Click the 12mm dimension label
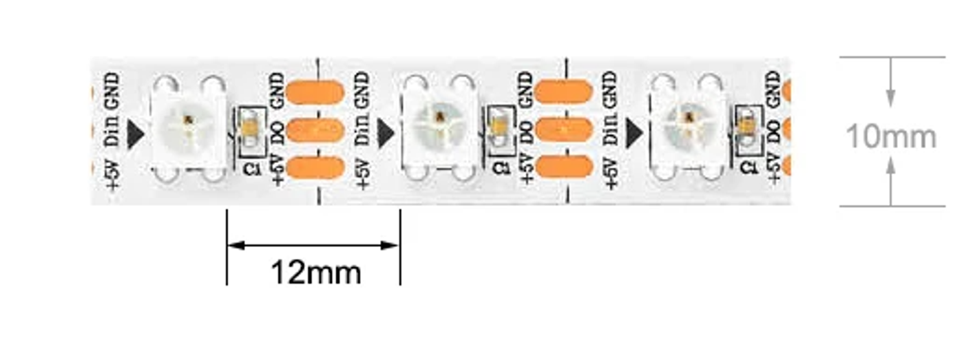[316, 273]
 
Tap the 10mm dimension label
[891, 137]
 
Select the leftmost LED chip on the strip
[189, 129]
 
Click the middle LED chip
[439, 129]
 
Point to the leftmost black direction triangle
[135, 134]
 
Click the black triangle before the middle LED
[385, 133]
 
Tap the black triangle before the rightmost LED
[634, 133]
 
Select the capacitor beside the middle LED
[501, 128]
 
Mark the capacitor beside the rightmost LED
[748, 128]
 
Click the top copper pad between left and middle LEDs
[315, 92]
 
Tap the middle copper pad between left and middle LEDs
[315, 131]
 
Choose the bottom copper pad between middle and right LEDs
[565, 167]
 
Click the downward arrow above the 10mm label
[891, 82]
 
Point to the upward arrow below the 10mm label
[891, 180]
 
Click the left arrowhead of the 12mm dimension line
[235, 246]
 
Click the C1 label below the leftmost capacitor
[252, 168]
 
